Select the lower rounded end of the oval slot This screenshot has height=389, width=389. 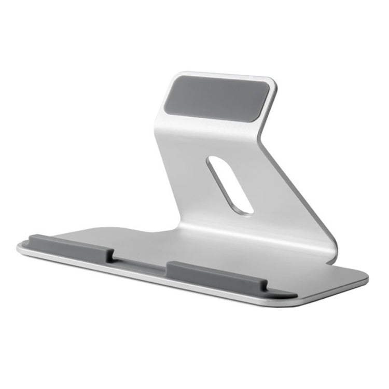coord(246,209)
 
